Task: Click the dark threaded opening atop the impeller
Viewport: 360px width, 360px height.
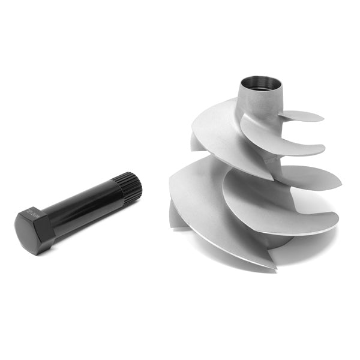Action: tap(262, 83)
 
